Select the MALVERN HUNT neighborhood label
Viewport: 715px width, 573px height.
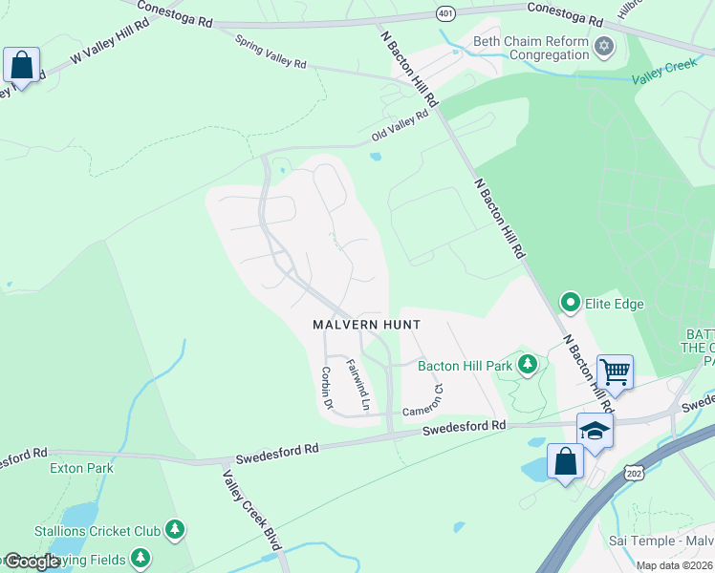pos(367,325)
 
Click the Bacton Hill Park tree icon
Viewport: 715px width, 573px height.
pos(527,364)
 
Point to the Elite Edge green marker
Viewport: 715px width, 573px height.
pos(571,304)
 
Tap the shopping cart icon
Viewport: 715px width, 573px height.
pos(615,371)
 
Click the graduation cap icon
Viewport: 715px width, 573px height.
pos(594,430)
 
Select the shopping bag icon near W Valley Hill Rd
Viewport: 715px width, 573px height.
pos(21,65)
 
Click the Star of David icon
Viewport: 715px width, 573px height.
pos(603,45)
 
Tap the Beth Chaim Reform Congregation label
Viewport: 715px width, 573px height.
pos(532,47)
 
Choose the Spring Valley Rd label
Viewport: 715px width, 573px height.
pos(271,52)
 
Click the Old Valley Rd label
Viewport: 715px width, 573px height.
pos(400,127)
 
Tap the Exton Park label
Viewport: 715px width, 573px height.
pos(82,468)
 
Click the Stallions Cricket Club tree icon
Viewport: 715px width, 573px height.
pos(174,528)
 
